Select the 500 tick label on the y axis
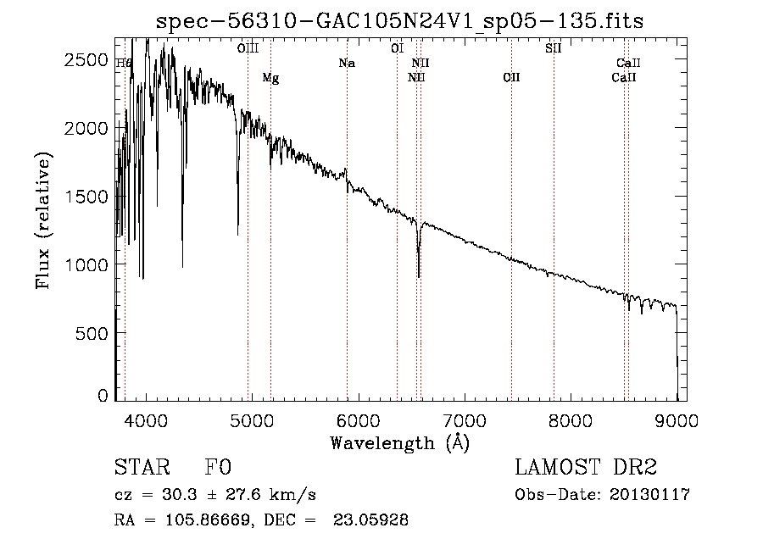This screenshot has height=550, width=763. pos(95,333)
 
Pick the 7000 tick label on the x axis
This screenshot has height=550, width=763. pos(465,420)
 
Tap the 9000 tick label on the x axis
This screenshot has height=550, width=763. pos(677,420)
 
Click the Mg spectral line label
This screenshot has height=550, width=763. pos(270,78)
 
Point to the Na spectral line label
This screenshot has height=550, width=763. pos(346,63)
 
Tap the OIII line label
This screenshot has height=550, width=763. pos(248,48)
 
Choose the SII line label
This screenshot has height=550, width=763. pos(553,48)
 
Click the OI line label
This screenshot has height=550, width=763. pos(397,48)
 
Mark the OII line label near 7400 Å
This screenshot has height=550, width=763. pos(511,78)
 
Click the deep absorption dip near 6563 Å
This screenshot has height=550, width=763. pos(419,271)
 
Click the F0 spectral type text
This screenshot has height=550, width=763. pos(217,468)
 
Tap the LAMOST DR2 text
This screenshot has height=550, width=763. pos(586,468)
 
